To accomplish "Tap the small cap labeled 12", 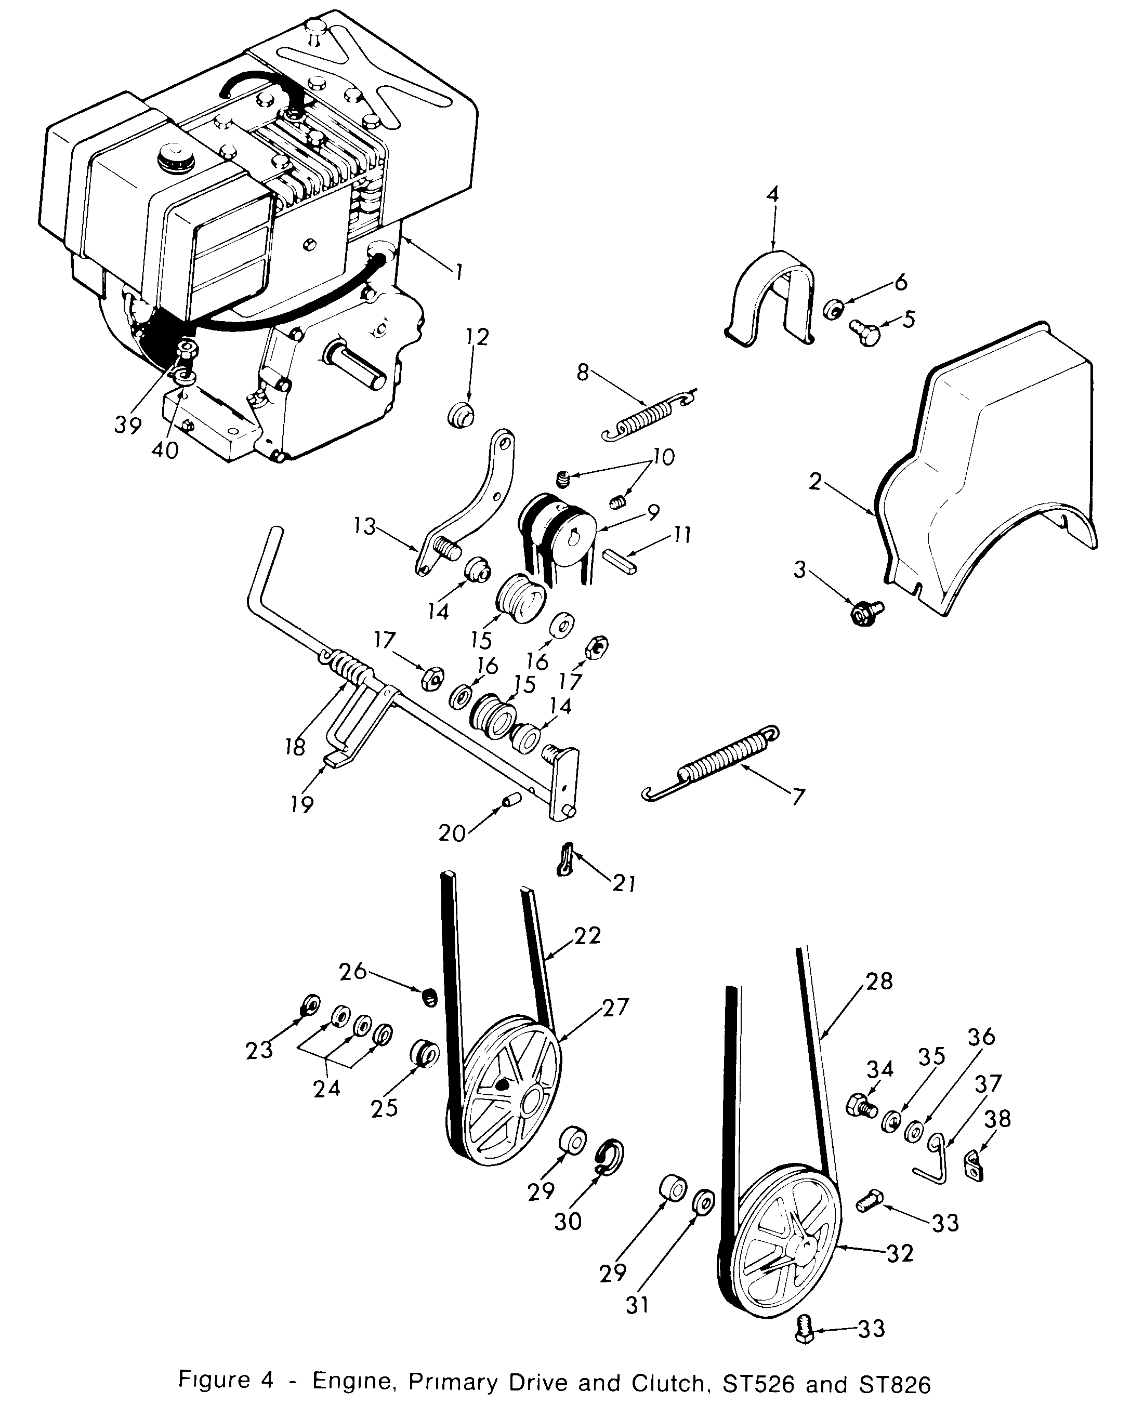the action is pyautogui.click(x=462, y=415).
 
